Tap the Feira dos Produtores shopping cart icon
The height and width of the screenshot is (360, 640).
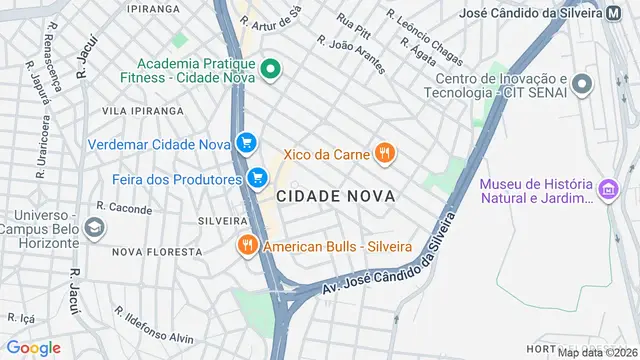(x=258, y=178)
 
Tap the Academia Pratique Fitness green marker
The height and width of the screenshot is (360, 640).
(x=270, y=69)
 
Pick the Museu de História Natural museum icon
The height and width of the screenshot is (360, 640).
(x=606, y=188)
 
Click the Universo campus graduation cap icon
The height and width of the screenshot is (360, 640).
(x=95, y=227)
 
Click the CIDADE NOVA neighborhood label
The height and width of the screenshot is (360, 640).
(x=336, y=197)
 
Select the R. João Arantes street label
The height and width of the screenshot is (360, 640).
(x=351, y=54)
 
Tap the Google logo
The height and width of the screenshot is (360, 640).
(x=34, y=347)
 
